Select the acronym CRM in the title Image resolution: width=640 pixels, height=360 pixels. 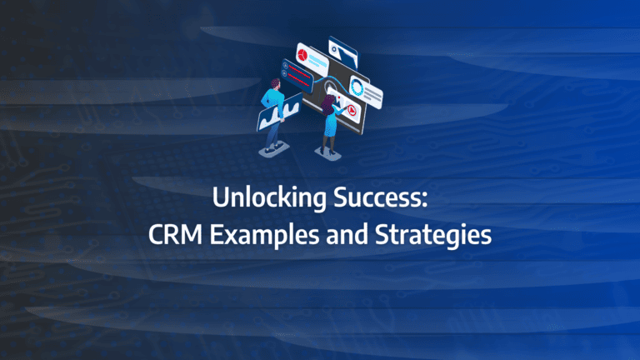(x=172, y=237)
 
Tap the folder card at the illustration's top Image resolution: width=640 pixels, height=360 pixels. (x=343, y=49)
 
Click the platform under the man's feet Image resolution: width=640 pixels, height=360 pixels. (x=272, y=149)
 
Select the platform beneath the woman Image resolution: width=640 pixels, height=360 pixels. (x=328, y=153)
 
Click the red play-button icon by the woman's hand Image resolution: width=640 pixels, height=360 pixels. (x=353, y=112)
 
